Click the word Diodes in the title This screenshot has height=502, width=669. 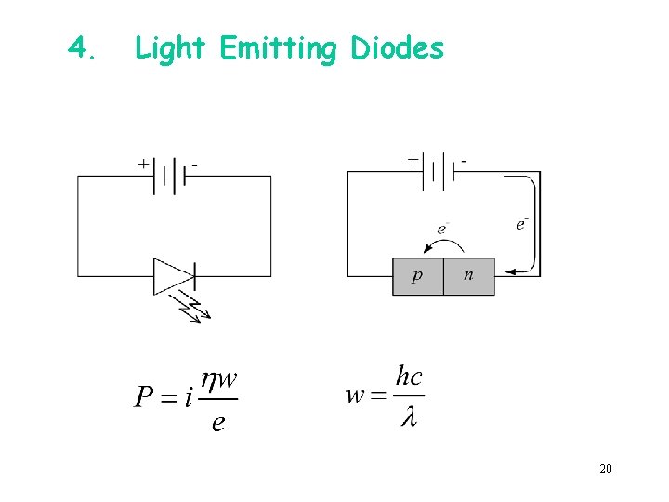click(398, 47)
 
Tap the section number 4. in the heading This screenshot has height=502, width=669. click(82, 46)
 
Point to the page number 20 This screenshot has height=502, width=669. click(605, 469)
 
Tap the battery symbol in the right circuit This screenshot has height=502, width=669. click(438, 172)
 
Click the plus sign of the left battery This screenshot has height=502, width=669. click(143, 163)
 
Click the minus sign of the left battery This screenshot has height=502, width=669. click(195, 165)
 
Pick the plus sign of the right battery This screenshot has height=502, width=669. click(413, 159)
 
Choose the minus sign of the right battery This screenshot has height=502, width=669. click(463, 160)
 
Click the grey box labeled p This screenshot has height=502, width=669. click(417, 276)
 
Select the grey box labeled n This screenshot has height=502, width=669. click(468, 276)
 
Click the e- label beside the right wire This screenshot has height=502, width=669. click(522, 223)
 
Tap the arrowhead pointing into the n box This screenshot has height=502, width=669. click(509, 272)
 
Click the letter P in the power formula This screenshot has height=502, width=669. click(145, 398)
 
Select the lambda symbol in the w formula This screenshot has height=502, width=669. click(408, 417)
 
